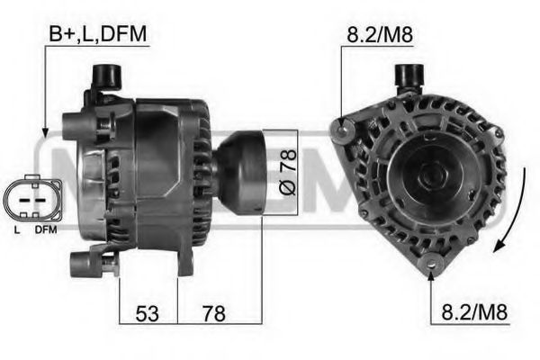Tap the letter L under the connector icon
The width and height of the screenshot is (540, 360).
pos(17,230)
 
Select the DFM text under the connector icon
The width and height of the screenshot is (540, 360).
pos(44,230)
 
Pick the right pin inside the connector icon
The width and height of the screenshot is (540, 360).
pos(40,200)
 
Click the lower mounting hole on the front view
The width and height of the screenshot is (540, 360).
pos(431,264)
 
